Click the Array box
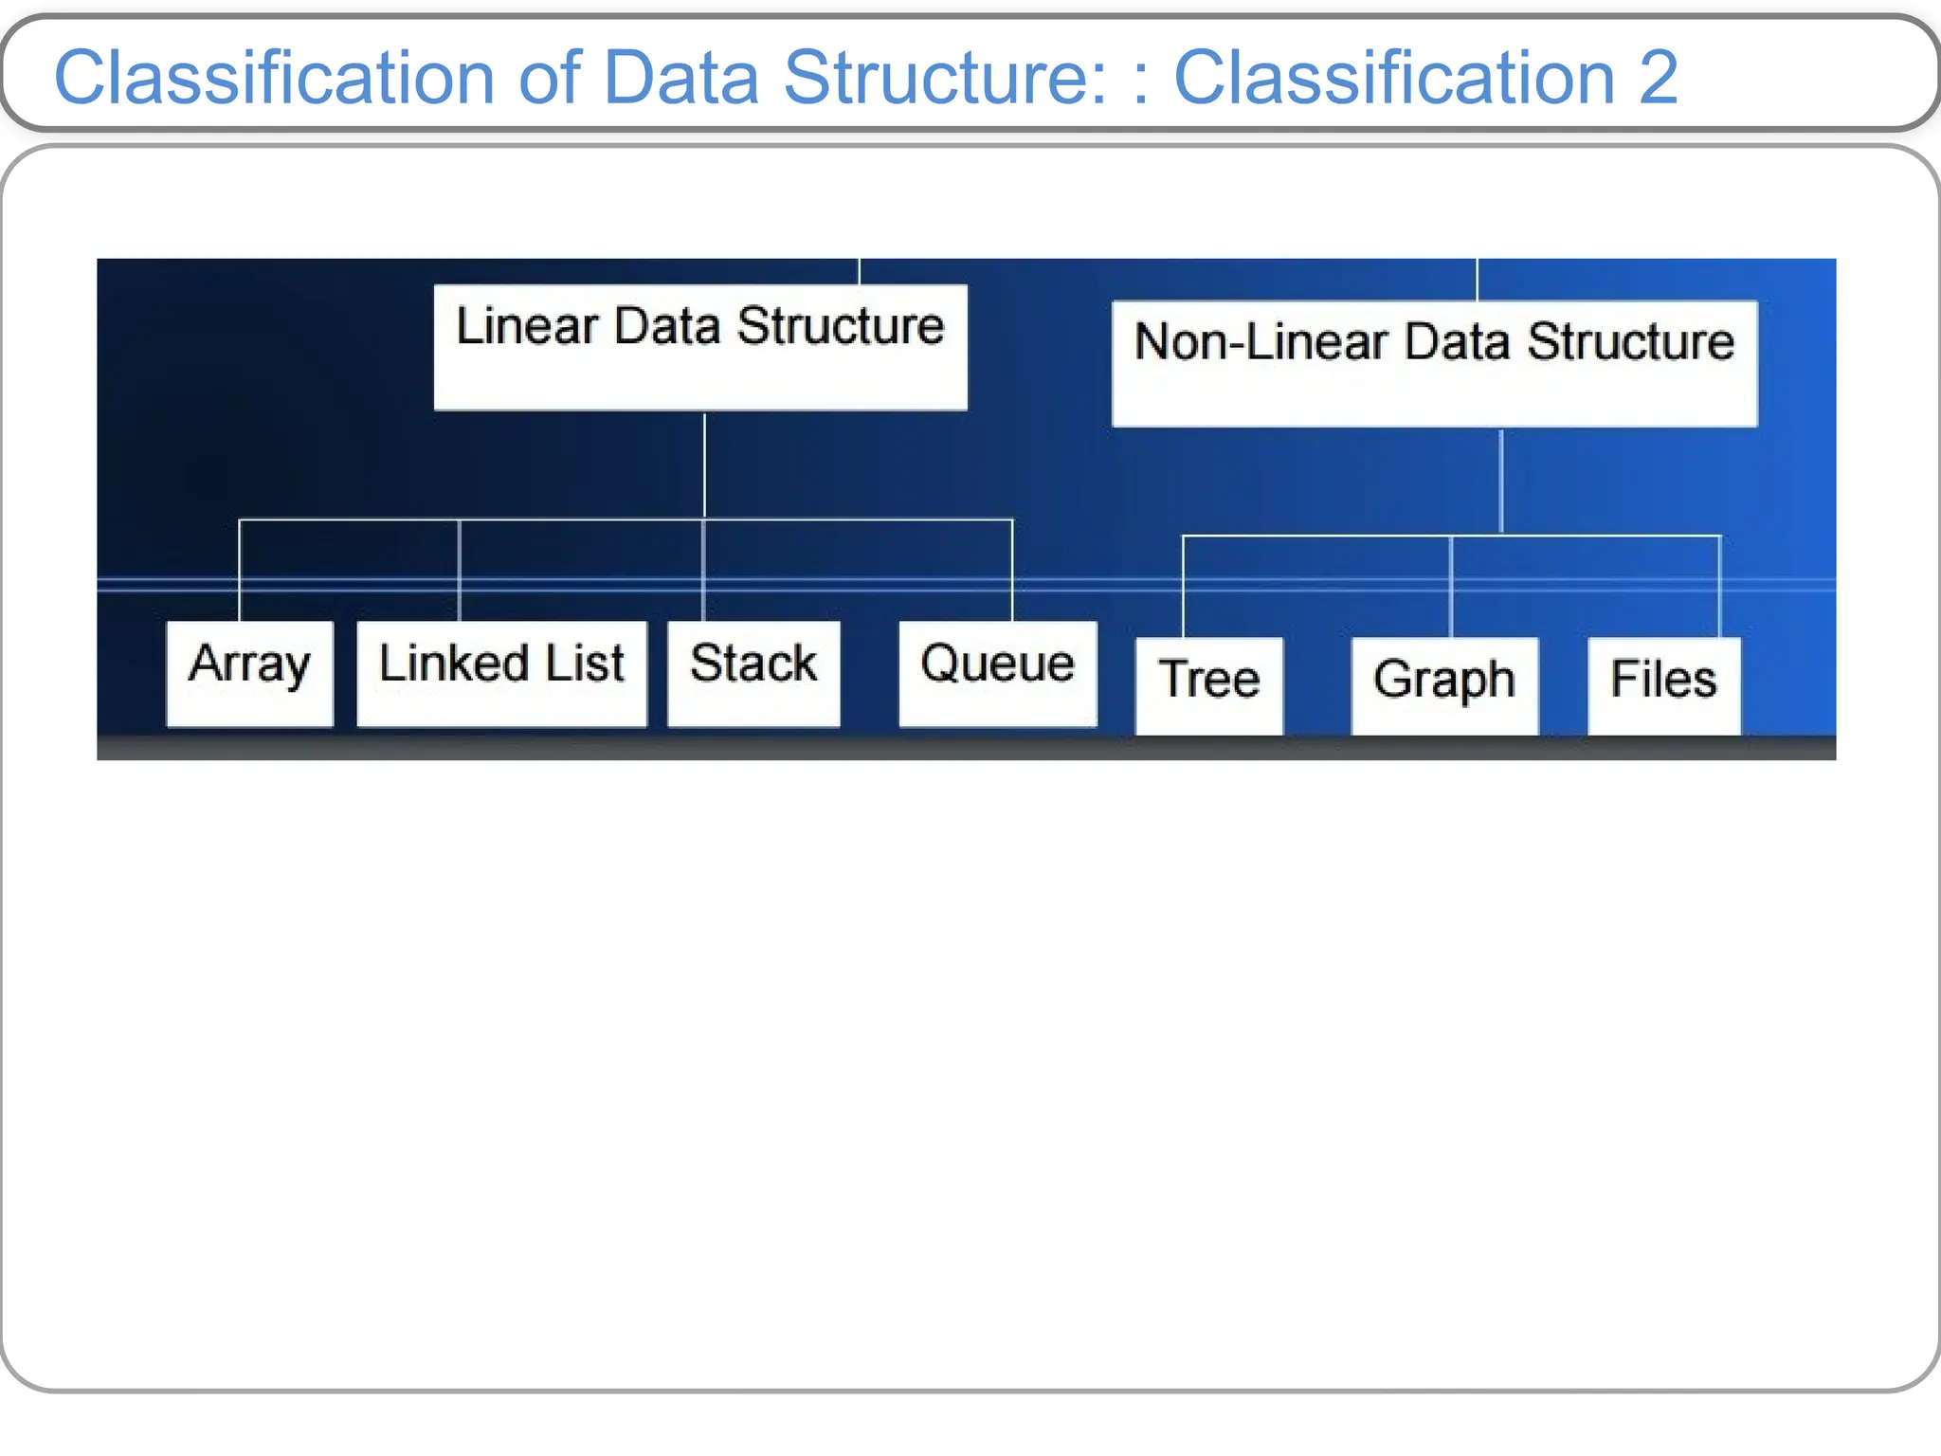pyautogui.click(x=250, y=674)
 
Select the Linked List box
pyautogui.click(x=501, y=674)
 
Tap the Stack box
pyautogui.click(x=753, y=674)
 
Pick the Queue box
pyautogui.click(x=997, y=674)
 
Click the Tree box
pyautogui.click(x=1209, y=685)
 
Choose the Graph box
pyautogui.click(x=1444, y=685)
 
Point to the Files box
pyautogui.click(x=1663, y=685)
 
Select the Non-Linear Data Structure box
pyautogui.click(x=1434, y=364)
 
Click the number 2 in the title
pyautogui.click(x=1658, y=78)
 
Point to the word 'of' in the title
pyautogui.click(x=550, y=78)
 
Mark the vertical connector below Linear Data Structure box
pyautogui.click(x=704, y=464)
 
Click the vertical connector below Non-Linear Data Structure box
pyautogui.click(x=1501, y=481)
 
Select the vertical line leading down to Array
pyautogui.click(x=240, y=569)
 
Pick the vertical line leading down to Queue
pyautogui.click(x=1012, y=569)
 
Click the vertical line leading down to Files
pyautogui.click(x=1719, y=586)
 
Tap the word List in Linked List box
pyautogui.click(x=585, y=663)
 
